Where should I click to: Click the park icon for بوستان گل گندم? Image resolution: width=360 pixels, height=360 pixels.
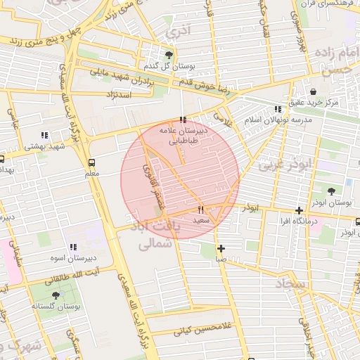[x=168, y=54]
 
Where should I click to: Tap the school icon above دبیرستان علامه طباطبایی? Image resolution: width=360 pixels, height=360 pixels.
[x=184, y=120]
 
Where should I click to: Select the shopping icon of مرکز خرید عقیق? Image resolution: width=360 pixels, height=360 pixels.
[x=313, y=91]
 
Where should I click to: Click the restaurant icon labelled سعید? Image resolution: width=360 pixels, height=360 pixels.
[x=201, y=210]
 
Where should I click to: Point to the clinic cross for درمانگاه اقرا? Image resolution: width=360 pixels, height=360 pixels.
[x=300, y=210]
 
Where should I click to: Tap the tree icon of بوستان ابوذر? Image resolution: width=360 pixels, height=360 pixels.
[x=331, y=191]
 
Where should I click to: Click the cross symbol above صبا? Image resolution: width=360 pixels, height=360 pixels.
[x=221, y=248]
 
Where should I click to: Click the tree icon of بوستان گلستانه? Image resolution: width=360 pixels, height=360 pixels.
[x=56, y=295]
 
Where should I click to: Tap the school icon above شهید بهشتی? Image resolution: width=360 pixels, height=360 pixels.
[x=44, y=135]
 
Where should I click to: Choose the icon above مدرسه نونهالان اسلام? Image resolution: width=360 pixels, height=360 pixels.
[x=278, y=109]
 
